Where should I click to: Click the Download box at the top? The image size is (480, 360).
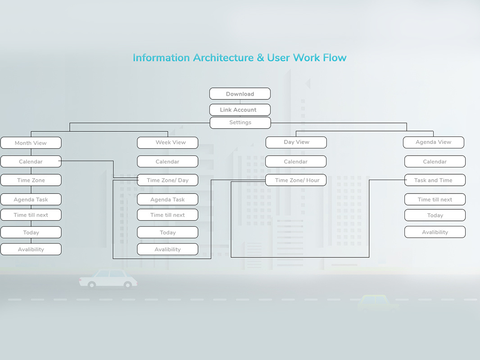click(x=240, y=94)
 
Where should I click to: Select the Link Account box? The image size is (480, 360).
click(x=240, y=110)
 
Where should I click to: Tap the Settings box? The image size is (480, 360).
click(x=240, y=122)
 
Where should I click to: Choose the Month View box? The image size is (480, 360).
click(x=31, y=143)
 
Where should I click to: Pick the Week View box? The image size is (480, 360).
click(x=168, y=142)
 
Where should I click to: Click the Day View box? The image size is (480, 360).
click(x=296, y=142)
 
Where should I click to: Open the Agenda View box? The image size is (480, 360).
click(x=433, y=142)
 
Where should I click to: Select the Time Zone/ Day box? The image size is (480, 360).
click(x=168, y=180)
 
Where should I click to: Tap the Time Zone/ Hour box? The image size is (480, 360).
click(x=296, y=180)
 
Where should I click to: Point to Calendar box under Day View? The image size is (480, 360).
click(x=296, y=162)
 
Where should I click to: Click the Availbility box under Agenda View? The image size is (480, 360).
click(x=435, y=232)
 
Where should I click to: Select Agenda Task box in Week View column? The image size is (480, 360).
click(x=168, y=199)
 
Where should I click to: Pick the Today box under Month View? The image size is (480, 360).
click(x=31, y=232)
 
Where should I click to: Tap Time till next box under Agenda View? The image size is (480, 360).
click(x=435, y=199)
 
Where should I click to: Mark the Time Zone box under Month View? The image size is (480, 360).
click(x=31, y=180)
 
